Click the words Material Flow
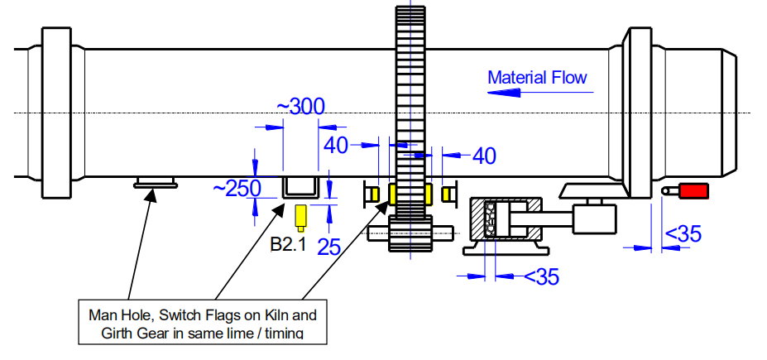537,78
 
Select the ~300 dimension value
300,107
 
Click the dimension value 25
329,246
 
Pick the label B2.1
289,244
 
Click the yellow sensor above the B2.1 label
302,217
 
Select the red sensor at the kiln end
693,191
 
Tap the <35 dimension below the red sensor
683,234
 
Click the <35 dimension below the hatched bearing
541,276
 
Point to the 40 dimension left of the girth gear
336,146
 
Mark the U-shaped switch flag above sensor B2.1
301,189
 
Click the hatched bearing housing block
505,220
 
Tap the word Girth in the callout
117,334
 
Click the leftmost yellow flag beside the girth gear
373,194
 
